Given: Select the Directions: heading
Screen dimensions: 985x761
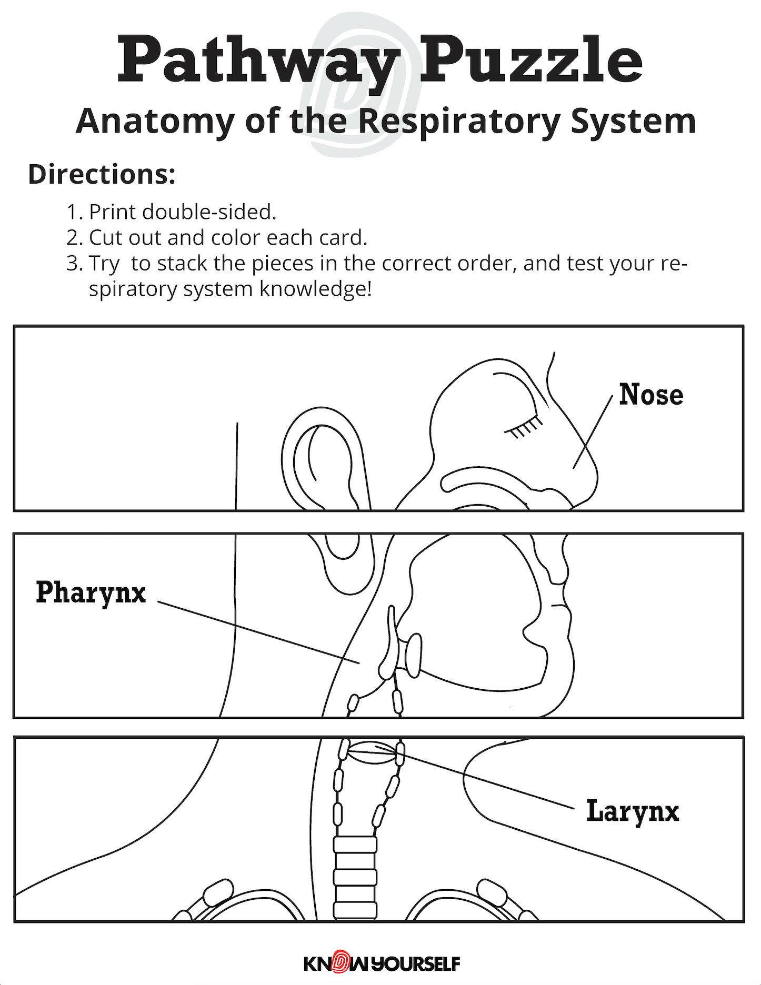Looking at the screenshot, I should point(102,174).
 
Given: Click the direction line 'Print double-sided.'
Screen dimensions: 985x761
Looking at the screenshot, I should point(182,212).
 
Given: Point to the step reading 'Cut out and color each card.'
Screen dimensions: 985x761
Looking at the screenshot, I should point(227,237).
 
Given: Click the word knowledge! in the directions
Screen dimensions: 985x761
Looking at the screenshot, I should point(316,289).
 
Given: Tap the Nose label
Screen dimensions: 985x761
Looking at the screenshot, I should point(651,395).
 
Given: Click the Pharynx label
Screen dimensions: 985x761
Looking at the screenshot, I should point(91,593).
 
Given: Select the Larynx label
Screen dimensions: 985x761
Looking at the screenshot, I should point(633,811).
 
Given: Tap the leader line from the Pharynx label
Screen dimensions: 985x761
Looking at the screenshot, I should point(258,632).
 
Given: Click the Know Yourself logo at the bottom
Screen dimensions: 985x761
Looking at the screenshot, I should point(382,963).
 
